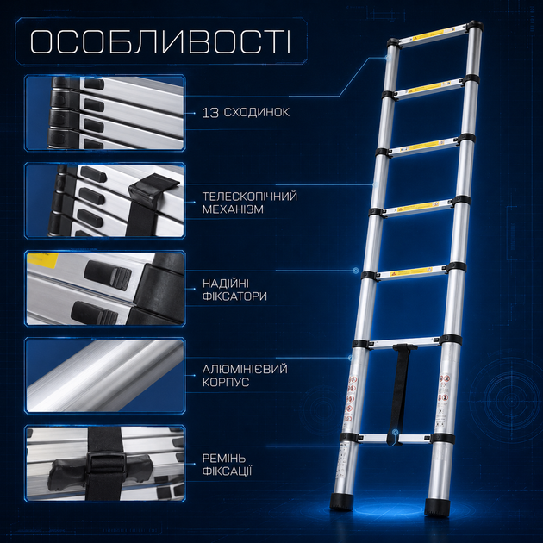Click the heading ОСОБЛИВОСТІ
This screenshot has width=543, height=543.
click(160, 42)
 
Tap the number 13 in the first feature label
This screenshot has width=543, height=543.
click(210, 113)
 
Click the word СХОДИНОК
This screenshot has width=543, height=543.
click(257, 113)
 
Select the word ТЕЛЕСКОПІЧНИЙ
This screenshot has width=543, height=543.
click(250, 197)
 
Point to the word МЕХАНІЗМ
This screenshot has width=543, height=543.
click(233, 209)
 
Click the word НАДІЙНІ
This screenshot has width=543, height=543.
click(226, 284)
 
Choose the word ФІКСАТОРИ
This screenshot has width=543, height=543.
click(234, 296)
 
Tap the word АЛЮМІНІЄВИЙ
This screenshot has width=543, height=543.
click(245, 369)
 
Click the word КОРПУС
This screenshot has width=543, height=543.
click(226, 383)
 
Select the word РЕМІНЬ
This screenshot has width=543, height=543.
click(224, 459)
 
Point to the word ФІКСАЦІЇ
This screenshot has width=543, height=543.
click(227, 471)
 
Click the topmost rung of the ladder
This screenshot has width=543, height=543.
click(434, 36)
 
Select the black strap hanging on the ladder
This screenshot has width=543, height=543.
click(400, 392)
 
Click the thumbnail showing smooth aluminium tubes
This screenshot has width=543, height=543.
click(105, 376)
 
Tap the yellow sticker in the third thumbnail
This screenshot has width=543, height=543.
click(42, 259)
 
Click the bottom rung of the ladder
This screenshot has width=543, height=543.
click(393, 439)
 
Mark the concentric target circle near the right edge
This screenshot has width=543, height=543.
click(511, 401)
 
